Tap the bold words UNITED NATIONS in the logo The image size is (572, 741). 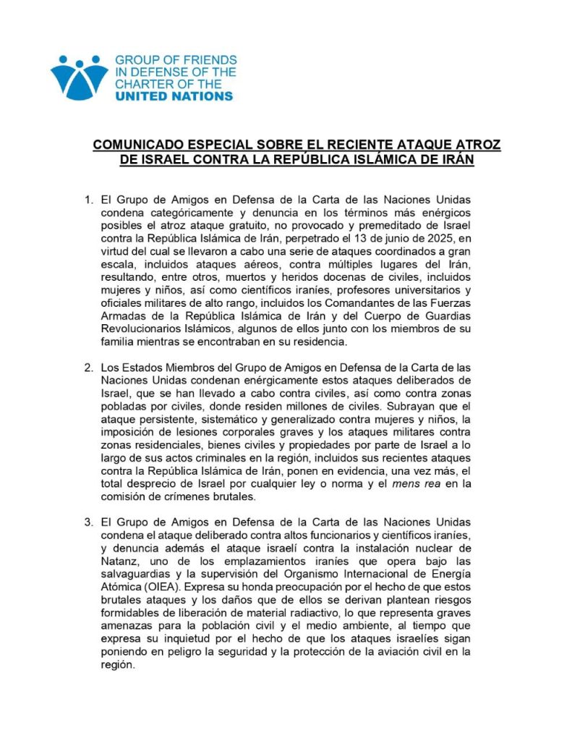click(x=174, y=96)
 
